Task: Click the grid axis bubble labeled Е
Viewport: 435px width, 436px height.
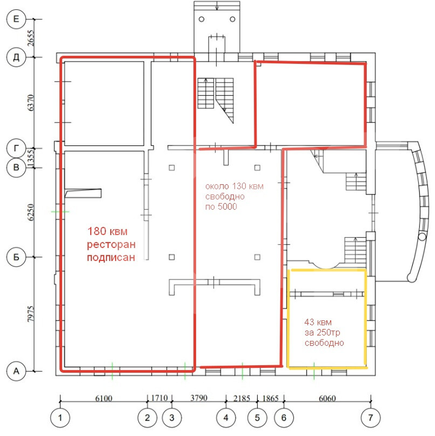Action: [16, 19]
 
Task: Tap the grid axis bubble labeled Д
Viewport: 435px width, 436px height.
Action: [16, 57]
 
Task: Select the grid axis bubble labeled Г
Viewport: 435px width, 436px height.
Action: [16, 148]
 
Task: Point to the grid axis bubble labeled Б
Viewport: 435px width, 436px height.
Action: [16, 257]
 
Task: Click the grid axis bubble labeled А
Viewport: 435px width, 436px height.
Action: [16, 371]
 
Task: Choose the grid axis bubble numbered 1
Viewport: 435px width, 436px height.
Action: [60, 418]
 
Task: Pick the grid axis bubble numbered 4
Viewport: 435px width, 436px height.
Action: [226, 418]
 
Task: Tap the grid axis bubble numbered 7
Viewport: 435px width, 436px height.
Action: [370, 418]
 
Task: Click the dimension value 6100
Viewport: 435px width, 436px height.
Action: [104, 398]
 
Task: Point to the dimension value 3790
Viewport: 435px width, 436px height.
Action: [199, 398]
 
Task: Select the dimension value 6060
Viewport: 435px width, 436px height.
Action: [327, 398]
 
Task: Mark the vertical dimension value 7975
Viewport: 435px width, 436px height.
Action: [31, 314]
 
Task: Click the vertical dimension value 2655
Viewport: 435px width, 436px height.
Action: [31, 38]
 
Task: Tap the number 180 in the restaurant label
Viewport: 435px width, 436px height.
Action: [97, 231]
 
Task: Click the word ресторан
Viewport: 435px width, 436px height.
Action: [111, 244]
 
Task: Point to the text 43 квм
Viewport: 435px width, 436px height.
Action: [318, 322]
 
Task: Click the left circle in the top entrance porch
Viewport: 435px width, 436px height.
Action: [202, 19]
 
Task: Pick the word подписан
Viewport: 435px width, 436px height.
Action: [111, 257]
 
